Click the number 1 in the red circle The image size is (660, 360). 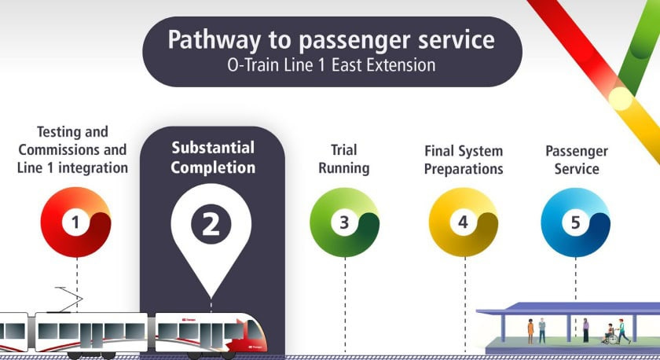click(x=75, y=222)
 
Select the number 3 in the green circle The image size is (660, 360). click(x=344, y=222)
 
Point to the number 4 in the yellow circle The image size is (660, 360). click(x=464, y=222)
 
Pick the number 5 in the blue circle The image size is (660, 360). click(x=575, y=222)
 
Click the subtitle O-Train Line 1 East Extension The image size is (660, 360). click(x=330, y=65)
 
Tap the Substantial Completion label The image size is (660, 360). click(x=213, y=157)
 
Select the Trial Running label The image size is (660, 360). click(x=344, y=159)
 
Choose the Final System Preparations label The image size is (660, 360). click(x=464, y=160)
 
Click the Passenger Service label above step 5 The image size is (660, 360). click(x=577, y=160)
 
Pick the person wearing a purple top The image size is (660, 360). click(x=585, y=329)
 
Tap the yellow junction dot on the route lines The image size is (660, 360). click(x=621, y=97)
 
